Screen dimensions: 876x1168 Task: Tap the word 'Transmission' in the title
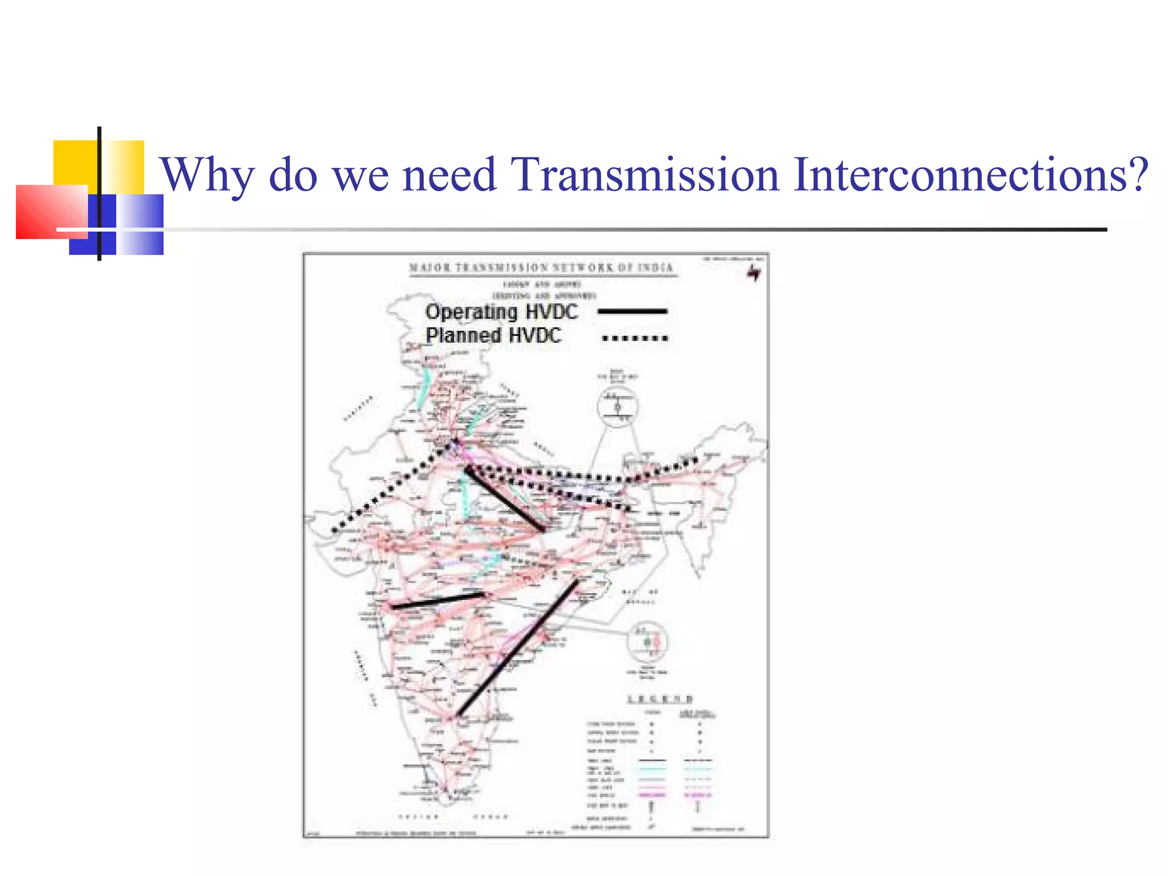(644, 175)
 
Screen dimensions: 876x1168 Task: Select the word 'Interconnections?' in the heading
(970, 175)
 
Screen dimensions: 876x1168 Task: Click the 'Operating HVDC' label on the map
(501, 312)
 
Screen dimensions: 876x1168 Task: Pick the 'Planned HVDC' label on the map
(493, 335)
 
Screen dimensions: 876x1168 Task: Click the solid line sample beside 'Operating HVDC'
(632, 311)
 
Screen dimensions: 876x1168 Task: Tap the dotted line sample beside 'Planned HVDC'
(635, 338)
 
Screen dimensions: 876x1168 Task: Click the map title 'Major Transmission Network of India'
(541, 267)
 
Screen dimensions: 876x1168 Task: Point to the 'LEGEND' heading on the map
(660, 699)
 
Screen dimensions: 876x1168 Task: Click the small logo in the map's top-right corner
(754, 273)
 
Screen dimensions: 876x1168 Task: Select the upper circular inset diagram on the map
(618, 407)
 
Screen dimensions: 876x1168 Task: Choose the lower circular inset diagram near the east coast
(647, 642)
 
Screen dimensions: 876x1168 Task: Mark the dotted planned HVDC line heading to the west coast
(394, 488)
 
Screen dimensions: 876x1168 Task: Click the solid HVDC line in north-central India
(505, 500)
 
